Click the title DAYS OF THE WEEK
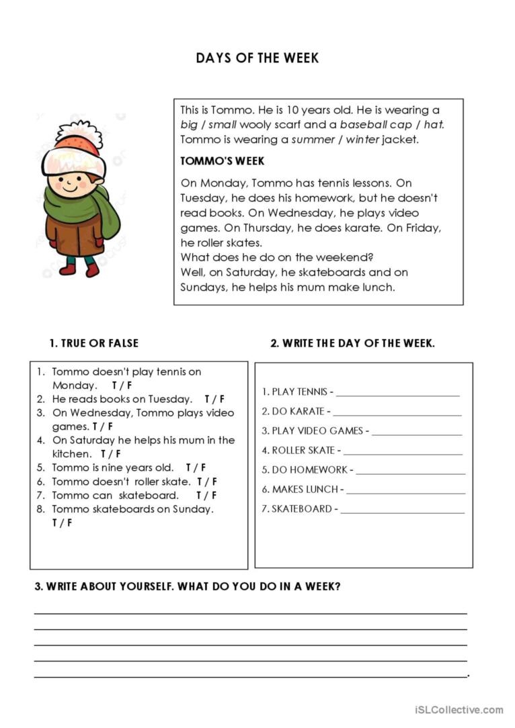[257, 58]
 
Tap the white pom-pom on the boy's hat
[79, 133]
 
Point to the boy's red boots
[79, 269]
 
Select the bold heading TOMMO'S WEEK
[223, 161]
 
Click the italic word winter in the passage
[362, 140]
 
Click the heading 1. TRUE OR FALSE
[94, 343]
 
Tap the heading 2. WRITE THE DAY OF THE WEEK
[352, 343]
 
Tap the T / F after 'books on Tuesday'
[214, 399]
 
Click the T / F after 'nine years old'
[196, 467]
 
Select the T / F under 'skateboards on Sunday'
[62, 522]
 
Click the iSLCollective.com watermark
[459, 709]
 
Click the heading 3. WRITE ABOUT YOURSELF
[188, 586]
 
